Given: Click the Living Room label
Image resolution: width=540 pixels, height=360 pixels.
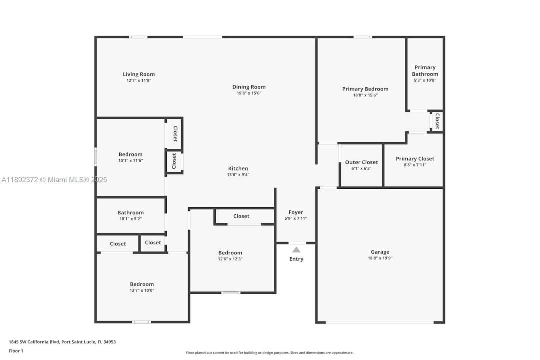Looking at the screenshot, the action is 139,74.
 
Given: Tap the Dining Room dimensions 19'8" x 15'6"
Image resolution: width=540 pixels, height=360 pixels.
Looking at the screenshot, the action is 249,93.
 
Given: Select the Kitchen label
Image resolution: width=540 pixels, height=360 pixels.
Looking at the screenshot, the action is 238,169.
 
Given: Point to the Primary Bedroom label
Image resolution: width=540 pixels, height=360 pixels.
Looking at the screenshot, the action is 365,89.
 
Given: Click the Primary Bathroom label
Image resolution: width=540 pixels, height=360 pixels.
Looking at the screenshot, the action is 425,71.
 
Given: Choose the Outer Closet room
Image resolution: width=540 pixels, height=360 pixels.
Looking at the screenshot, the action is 361,165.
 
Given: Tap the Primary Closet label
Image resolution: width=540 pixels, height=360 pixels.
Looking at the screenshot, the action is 415,159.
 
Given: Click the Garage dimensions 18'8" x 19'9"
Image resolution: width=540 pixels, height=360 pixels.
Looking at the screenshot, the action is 380,258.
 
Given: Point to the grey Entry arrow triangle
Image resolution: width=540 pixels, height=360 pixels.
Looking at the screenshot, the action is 296,250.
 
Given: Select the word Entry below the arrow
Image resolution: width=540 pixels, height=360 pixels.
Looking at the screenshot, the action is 296,259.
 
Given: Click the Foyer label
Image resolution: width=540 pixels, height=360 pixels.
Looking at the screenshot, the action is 296,212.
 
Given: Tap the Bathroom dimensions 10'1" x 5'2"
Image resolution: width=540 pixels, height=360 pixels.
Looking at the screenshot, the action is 131,219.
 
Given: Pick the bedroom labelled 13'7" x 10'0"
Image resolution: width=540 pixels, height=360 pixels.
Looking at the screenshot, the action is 142,287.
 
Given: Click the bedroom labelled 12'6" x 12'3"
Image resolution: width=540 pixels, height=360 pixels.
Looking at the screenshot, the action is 230,255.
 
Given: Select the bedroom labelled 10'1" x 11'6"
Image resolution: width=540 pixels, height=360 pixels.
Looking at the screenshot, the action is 131,157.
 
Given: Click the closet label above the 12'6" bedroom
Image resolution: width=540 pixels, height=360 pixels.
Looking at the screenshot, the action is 241,216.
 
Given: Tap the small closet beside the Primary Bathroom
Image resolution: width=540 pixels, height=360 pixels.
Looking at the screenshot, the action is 437,121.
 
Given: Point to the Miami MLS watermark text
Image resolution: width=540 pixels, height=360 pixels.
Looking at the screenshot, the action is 54,180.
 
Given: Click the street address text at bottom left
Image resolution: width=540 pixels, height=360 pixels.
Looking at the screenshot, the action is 62,342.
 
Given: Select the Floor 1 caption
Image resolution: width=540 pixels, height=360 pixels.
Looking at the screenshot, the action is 16,351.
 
